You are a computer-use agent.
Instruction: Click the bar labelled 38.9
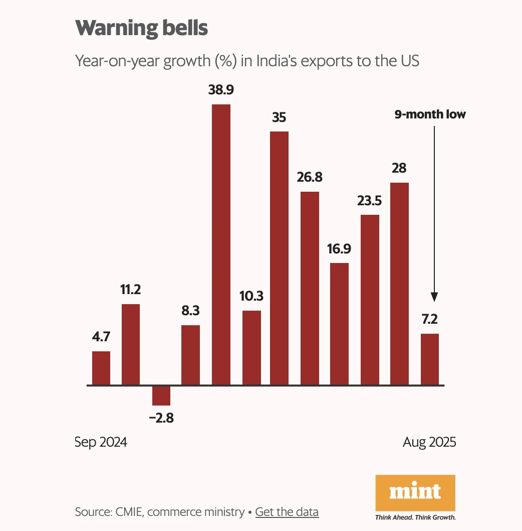[221, 244]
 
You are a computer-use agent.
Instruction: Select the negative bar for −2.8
[161, 395]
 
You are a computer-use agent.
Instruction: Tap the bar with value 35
[279, 258]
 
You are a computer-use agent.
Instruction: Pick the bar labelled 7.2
[429, 359]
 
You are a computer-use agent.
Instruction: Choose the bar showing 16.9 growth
[340, 324]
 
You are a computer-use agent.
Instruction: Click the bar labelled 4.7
[101, 368]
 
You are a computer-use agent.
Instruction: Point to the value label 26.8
[310, 177]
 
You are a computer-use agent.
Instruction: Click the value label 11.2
[131, 290]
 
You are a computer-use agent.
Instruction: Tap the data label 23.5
[370, 201]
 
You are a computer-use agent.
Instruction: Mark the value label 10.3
[251, 296]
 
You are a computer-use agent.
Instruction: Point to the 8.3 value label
[190, 311]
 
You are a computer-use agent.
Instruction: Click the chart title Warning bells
[141, 28]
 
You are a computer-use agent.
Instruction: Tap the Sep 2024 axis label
[101, 442]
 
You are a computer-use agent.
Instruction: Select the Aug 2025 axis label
[429, 442]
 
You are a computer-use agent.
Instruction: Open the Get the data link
[287, 512]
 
